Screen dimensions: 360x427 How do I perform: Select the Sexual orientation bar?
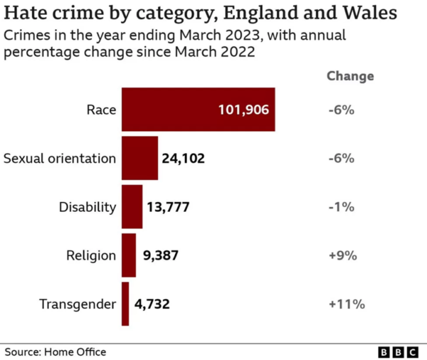pos(139,158)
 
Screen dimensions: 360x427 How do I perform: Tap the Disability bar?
pos(132,207)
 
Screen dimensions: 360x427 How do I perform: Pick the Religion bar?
pos(128,255)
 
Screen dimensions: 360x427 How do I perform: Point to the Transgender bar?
pos(125,304)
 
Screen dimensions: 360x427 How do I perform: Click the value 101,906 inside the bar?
pos(243,110)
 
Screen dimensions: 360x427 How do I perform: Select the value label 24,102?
pos(184,159)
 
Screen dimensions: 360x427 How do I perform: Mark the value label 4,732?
pos(152,305)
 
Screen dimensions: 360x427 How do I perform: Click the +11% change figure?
pos(346,305)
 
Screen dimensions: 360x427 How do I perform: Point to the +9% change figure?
pos(342,255)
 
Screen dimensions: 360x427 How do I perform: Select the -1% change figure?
pos(341,207)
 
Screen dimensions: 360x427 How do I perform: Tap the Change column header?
pos(349,76)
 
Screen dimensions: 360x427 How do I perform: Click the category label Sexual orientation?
pos(60,159)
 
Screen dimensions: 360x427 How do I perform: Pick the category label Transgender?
pos(77,305)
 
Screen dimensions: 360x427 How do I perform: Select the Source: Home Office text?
pos(56,351)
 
